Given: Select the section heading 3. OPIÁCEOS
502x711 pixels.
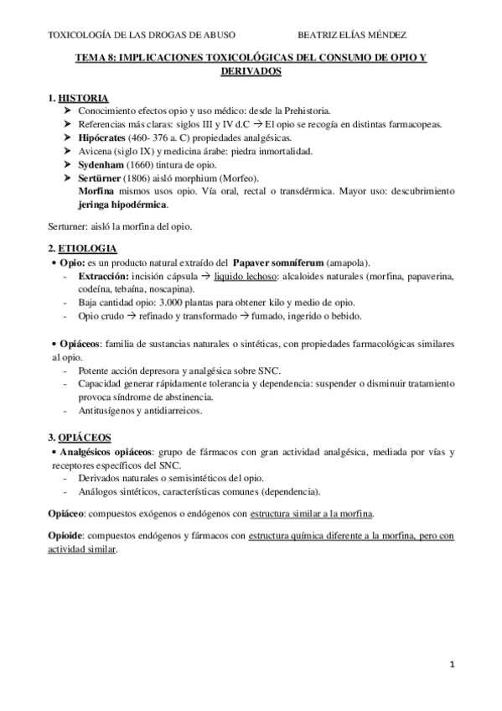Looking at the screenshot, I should pyautogui.click(x=81, y=438).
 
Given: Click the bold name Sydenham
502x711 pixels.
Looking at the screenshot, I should pyautogui.click(x=101, y=164).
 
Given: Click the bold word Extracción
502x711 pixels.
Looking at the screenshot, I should pyautogui.click(x=103, y=276).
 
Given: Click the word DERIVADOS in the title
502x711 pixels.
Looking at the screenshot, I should pyautogui.click(x=251, y=72).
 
